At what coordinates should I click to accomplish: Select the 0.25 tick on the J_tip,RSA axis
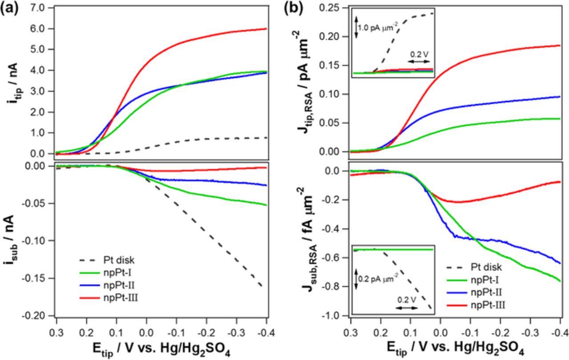click(332, 8)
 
